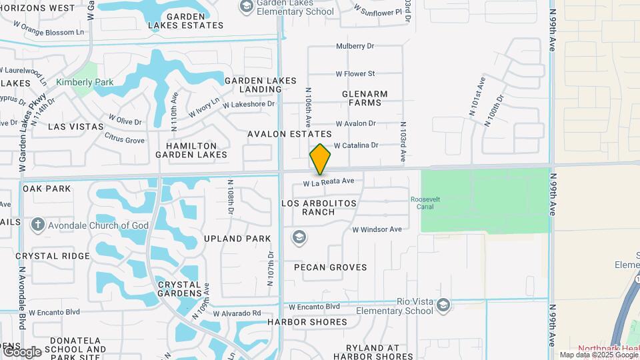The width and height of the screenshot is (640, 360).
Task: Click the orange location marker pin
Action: [x=320, y=159]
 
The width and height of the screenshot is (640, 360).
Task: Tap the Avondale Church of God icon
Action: [x=37, y=225]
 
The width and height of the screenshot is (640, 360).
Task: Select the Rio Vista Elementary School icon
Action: [x=443, y=305]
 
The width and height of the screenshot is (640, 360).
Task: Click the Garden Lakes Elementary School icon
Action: [x=246, y=6]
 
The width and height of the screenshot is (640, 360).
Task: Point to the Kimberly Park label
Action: [x=85, y=83]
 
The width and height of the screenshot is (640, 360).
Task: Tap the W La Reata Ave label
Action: [x=328, y=181]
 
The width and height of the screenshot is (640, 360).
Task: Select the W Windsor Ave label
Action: [x=377, y=229]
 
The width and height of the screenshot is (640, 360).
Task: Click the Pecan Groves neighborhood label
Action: [x=331, y=267]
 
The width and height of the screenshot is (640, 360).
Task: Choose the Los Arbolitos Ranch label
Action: [x=319, y=207]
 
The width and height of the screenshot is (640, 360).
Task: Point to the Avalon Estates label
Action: [x=289, y=134]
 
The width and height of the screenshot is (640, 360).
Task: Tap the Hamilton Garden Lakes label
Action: [x=191, y=150]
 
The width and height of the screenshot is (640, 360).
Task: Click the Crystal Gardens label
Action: [x=180, y=289]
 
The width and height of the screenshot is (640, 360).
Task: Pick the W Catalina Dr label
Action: [x=356, y=145]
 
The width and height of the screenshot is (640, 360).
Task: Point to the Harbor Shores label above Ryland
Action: [x=307, y=322]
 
